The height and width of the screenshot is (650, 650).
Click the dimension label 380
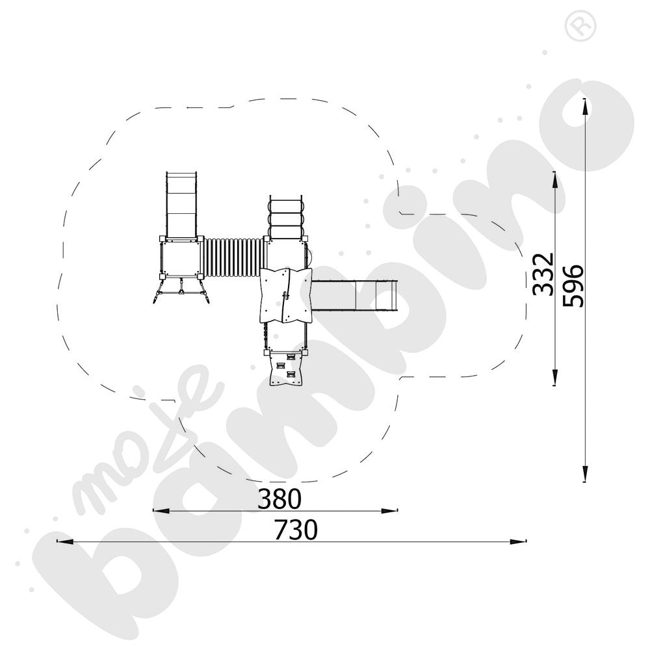tap(279, 499)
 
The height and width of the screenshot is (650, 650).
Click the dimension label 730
tap(296, 529)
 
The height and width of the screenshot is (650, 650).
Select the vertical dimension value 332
tap(543, 274)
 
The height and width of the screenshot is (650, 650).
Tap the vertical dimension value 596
tap(573, 285)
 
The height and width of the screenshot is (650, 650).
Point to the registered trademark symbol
tap(580, 26)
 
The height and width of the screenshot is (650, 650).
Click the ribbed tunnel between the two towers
tap(233, 258)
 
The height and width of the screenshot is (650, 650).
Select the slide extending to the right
tap(354, 295)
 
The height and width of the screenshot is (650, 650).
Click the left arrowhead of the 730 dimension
tap(65, 541)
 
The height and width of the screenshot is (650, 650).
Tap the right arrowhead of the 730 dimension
tap(518, 541)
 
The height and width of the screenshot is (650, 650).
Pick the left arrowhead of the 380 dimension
tap(161, 511)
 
